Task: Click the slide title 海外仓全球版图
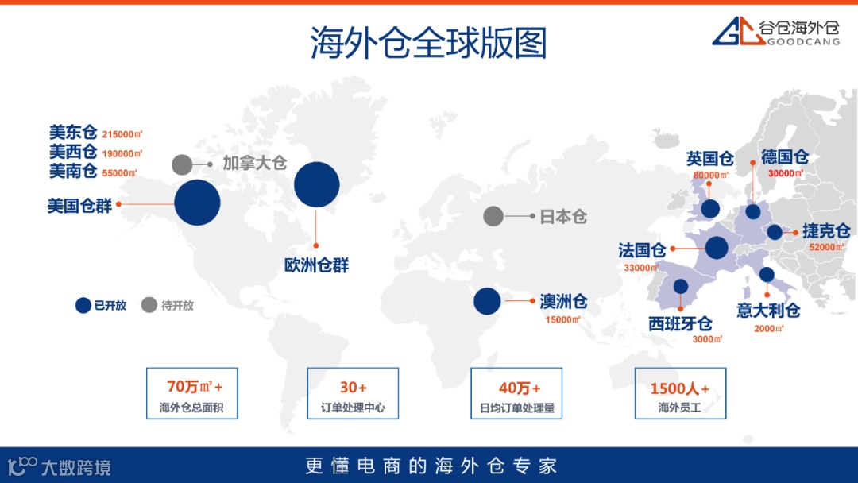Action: click(428, 43)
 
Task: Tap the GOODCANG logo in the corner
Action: click(775, 31)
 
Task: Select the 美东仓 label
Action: click(72, 132)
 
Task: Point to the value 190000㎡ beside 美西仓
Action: click(122, 153)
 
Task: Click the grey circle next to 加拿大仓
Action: click(182, 164)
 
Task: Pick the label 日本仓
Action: click(563, 216)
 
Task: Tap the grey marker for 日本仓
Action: click(493, 216)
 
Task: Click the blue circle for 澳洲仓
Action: click(487, 301)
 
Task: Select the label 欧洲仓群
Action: click(316, 265)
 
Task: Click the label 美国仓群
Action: click(79, 206)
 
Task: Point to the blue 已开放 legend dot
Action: click(83, 305)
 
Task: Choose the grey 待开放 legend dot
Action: click(149, 305)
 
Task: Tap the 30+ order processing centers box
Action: click(353, 393)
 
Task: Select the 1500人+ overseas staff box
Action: click(679, 393)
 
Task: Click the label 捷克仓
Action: click(826, 231)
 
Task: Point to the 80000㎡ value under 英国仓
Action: click(710, 176)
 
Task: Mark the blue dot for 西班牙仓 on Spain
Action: click(681, 287)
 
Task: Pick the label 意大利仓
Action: click(767, 310)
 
